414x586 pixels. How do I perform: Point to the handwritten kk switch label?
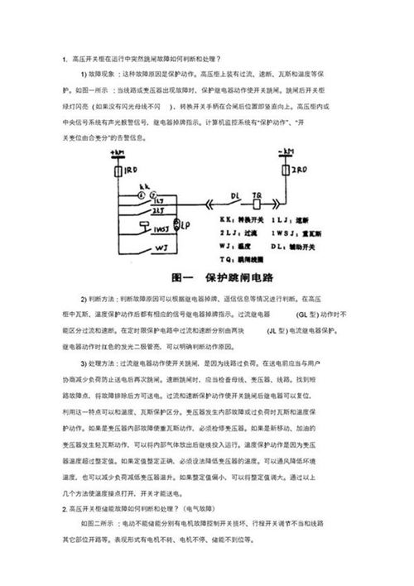pyautogui.click(x=143, y=186)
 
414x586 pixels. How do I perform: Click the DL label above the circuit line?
pyautogui.click(x=235, y=195)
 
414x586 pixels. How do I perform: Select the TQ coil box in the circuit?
pyautogui.click(x=257, y=204)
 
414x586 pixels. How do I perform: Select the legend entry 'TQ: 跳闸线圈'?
pyautogui.click(x=244, y=257)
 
